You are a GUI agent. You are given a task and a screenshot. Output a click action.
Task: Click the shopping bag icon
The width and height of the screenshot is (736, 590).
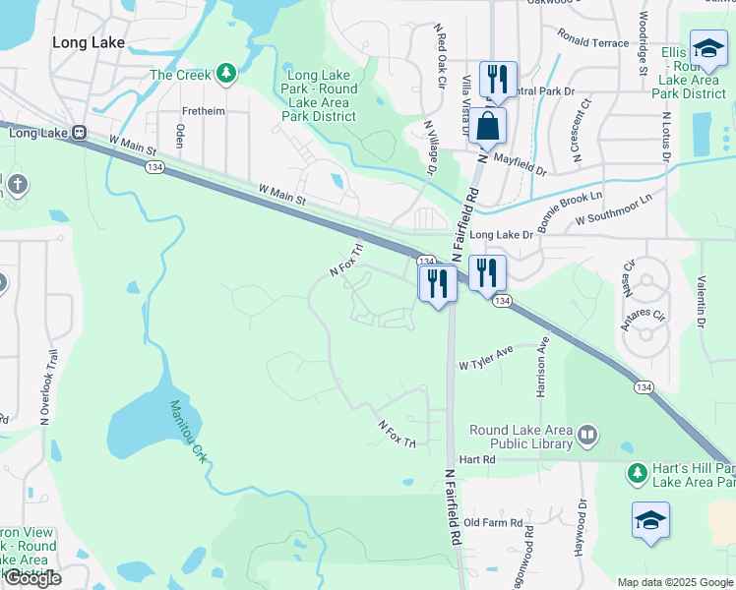[x=487, y=126]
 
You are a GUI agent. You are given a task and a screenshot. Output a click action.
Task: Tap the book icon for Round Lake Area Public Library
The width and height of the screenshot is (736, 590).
[x=587, y=434]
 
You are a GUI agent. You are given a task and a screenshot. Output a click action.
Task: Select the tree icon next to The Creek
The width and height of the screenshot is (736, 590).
[x=226, y=75]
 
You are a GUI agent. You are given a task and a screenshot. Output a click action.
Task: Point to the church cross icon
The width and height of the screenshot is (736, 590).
[x=17, y=184]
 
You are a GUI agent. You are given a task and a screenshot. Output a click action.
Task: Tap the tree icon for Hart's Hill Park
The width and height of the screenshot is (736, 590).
[x=637, y=474]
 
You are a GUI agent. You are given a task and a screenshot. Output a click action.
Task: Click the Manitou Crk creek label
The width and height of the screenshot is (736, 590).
[x=187, y=431]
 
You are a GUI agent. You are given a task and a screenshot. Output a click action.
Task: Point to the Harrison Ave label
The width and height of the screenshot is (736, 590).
[x=540, y=369]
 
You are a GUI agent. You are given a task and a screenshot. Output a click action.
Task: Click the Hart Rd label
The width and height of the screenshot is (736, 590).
[x=476, y=459]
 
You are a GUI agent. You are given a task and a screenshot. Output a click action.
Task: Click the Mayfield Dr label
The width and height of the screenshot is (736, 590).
[x=521, y=161]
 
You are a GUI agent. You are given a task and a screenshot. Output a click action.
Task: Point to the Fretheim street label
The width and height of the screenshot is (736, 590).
[x=204, y=111]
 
